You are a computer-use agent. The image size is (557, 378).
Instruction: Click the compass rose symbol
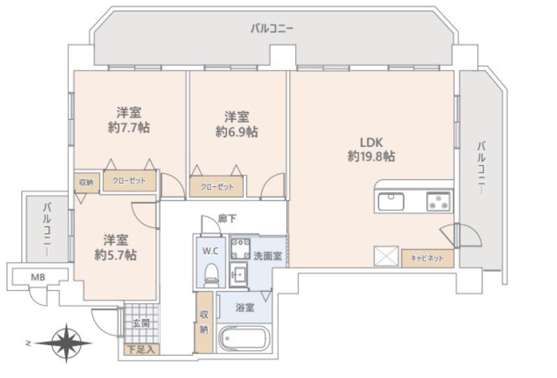tap(66, 343)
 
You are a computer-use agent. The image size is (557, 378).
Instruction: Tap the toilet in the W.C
tap(211, 275)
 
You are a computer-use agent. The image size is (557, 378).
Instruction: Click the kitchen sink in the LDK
tap(391, 201)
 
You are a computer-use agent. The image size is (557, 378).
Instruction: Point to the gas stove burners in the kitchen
tap(439, 201)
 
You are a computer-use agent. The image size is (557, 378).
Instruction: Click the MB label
tap(38, 277)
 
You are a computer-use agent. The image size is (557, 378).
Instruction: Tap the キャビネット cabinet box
tap(428, 258)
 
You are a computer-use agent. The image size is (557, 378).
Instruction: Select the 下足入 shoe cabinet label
tap(141, 350)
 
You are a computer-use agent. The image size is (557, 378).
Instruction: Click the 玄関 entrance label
tap(141, 324)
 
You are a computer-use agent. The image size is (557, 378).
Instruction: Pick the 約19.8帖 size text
tap(371, 156)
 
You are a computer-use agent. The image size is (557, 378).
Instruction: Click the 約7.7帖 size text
tap(128, 128)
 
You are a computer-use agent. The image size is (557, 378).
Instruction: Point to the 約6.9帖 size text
tap(237, 131)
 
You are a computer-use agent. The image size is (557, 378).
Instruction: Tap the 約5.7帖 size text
tap(115, 254)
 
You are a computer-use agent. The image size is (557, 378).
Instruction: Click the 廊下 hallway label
tap(227, 219)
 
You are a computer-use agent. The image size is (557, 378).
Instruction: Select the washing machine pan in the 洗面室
tap(241, 249)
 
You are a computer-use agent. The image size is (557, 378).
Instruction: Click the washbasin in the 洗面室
tap(239, 274)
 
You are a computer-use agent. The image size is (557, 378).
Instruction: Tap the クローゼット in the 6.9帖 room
tap(217, 186)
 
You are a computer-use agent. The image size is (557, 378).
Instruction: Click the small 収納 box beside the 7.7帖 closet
tap(86, 183)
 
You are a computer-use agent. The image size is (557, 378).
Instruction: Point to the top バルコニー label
tap(272, 28)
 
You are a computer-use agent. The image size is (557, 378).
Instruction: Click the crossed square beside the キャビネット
tap(386, 256)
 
